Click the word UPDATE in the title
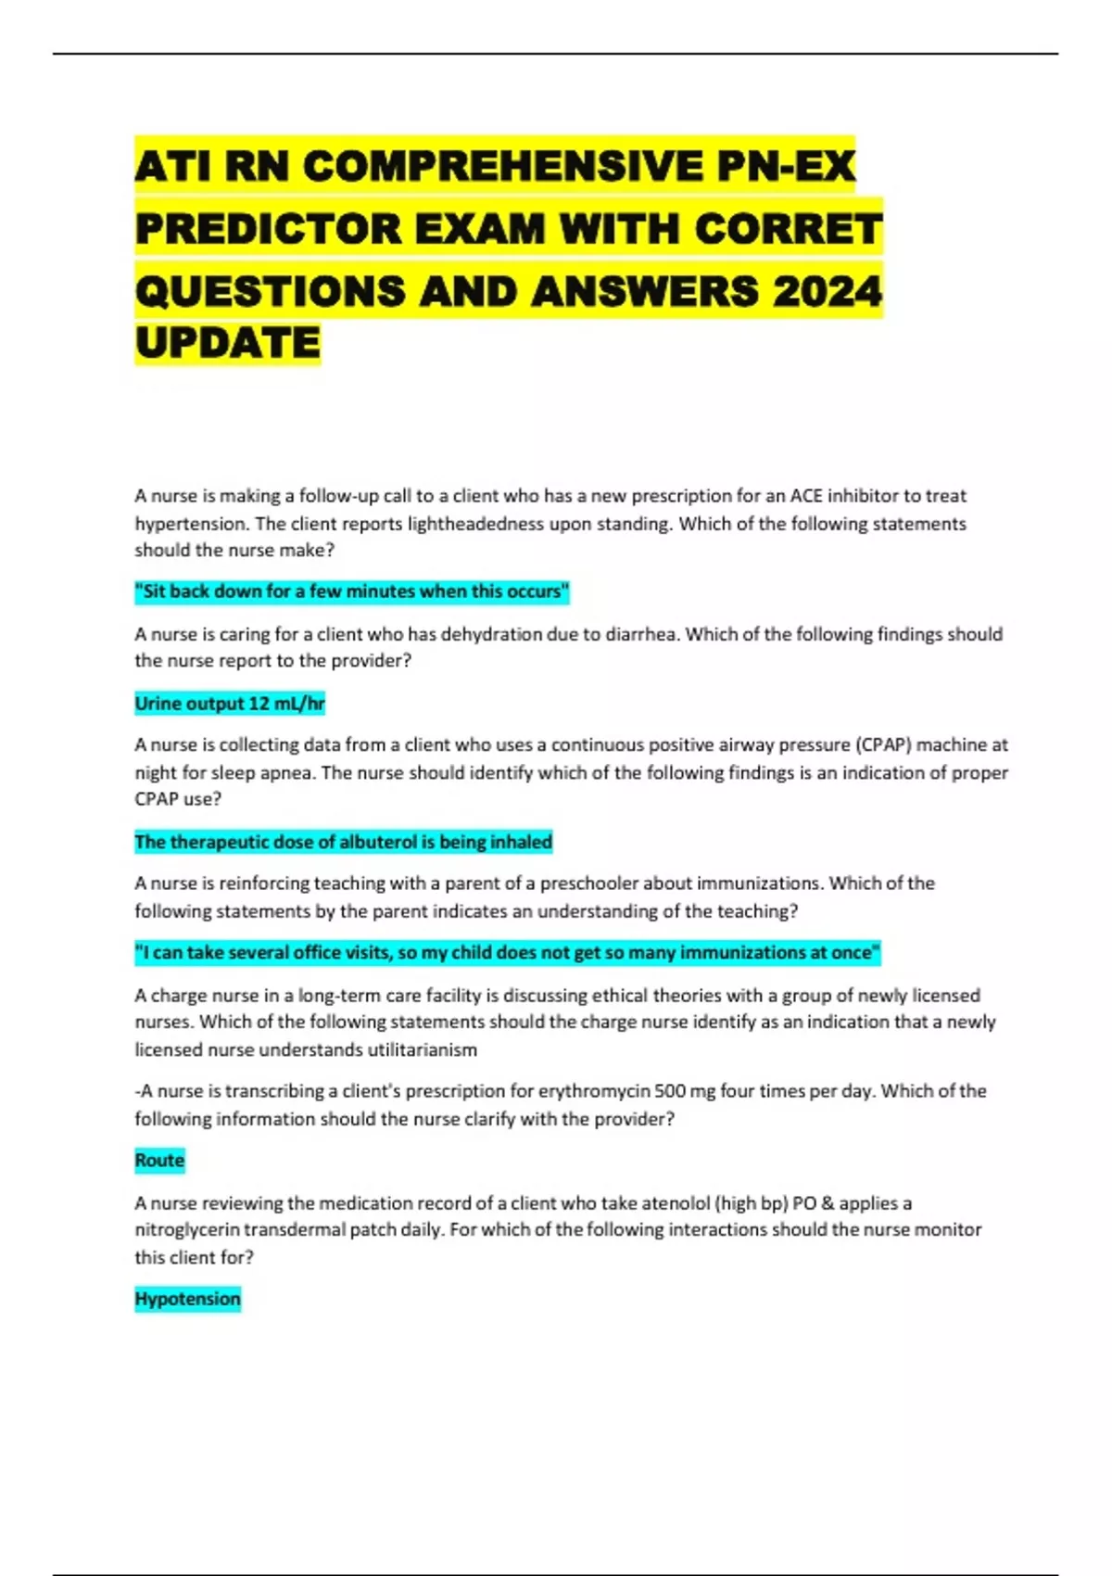pos(227,343)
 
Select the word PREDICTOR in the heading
pos(268,229)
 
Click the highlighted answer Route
pos(159,1161)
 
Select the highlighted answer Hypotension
pos(187,1299)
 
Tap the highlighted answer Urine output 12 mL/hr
pos(230,704)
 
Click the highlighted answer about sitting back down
pos(352,591)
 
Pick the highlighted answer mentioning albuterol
pos(343,842)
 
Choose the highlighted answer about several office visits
pos(507,952)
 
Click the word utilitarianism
pos(423,1049)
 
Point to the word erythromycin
pos(594,1091)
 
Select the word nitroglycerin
pos(194,1230)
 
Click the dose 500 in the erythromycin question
pos(670,1091)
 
